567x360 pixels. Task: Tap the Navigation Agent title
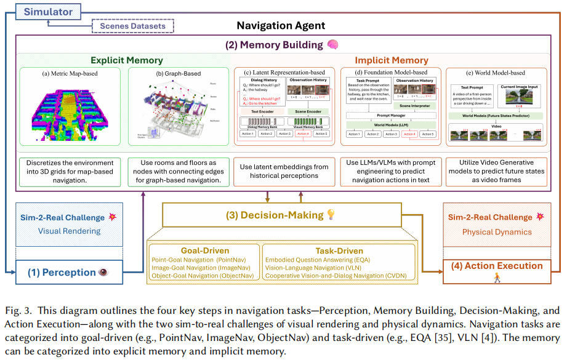pos(281,26)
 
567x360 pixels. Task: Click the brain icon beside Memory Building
pos(333,45)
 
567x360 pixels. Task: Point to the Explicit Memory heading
pos(127,60)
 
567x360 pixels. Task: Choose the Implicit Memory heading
pos(391,60)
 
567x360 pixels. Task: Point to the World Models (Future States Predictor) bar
pos(498,115)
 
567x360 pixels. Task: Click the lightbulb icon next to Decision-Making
pos(331,215)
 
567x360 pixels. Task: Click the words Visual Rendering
pos(69,231)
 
